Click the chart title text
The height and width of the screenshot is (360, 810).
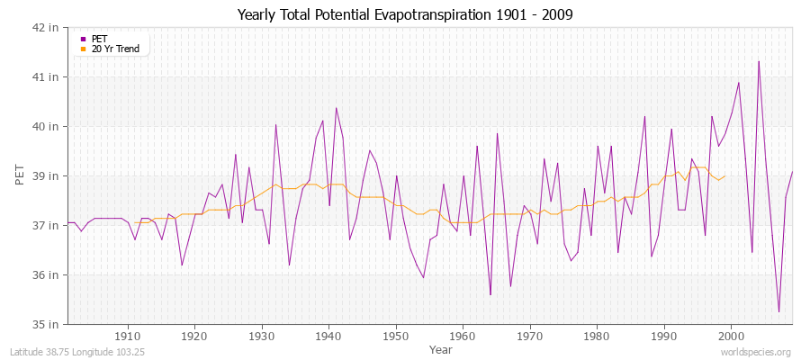coord(404,14)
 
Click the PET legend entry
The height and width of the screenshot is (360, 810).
coord(99,39)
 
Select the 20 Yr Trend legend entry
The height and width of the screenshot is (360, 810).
coord(115,49)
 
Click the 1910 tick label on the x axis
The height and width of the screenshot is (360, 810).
coord(128,337)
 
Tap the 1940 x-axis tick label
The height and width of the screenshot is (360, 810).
coord(328,337)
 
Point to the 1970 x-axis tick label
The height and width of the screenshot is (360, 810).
coord(530,337)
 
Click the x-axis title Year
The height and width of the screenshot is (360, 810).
coord(441,349)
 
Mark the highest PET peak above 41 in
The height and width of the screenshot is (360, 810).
coord(759,61)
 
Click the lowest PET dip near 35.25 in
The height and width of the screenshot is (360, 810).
coord(778,311)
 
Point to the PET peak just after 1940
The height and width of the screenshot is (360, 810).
coord(336,108)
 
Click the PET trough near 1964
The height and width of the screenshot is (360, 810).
coord(490,294)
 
